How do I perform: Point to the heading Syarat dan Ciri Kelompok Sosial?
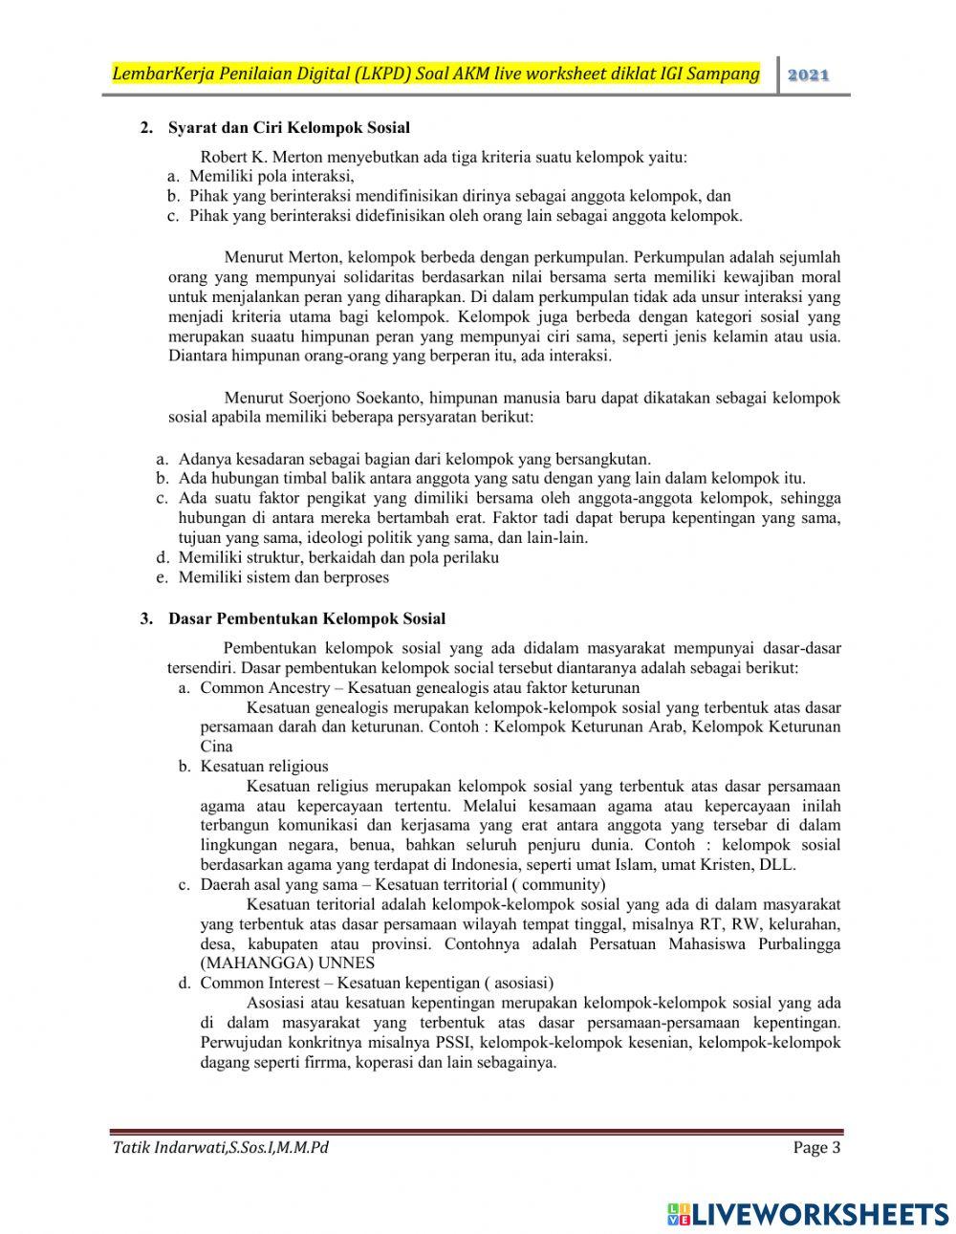tap(289, 127)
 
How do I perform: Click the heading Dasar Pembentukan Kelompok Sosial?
tap(306, 618)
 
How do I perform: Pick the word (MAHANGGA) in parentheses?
tap(247, 963)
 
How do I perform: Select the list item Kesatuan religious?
tap(264, 766)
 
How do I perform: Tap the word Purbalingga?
tap(794, 943)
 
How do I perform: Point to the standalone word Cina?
tap(216, 747)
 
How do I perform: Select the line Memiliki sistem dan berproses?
tap(283, 576)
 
